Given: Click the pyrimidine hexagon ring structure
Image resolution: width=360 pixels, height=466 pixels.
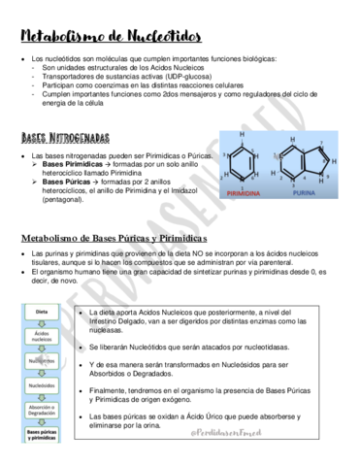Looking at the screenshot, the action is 242,164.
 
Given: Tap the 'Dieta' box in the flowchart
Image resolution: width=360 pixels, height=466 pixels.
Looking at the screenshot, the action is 42,313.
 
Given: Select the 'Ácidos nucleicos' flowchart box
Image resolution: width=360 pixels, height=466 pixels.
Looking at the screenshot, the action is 42,337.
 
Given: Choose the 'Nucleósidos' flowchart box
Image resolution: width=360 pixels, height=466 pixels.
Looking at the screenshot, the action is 42,384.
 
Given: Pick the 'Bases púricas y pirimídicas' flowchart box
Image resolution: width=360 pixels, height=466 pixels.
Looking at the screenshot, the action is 42,435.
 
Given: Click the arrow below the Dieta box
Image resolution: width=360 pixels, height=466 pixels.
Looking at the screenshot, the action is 42,323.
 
